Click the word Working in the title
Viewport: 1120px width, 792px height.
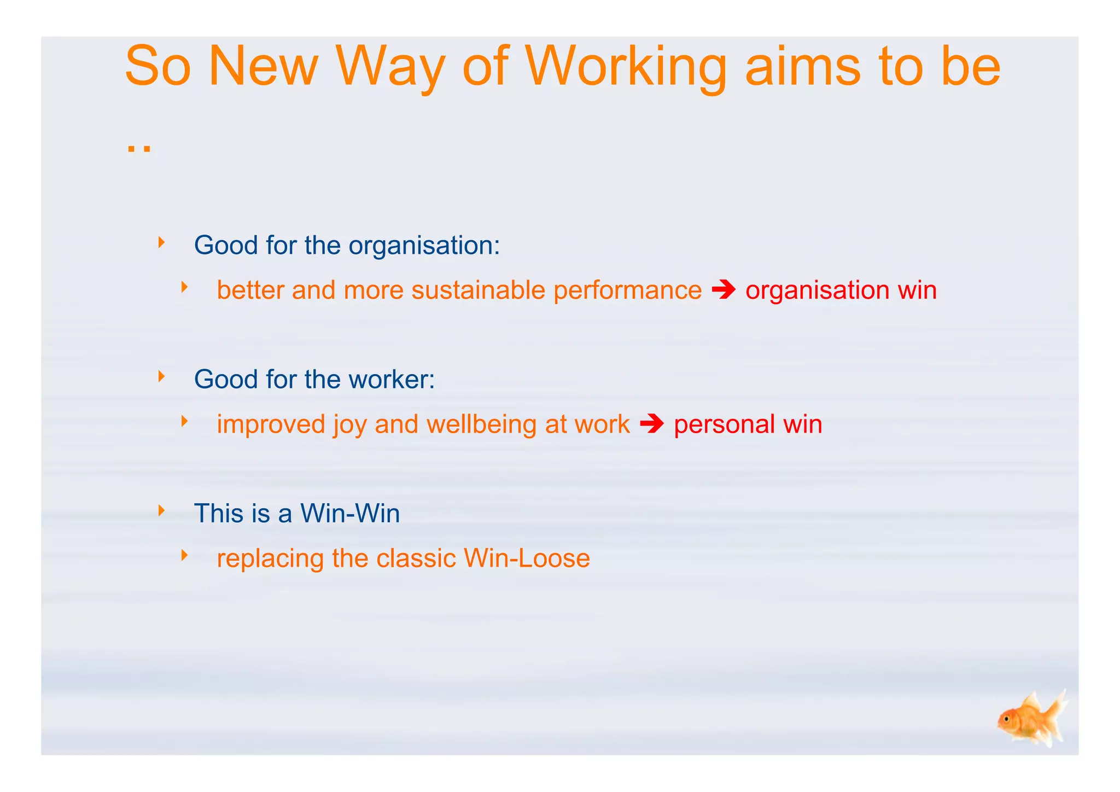(626, 67)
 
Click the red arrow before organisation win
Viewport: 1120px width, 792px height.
(724, 290)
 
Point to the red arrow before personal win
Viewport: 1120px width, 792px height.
(651, 424)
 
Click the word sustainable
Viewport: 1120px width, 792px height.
(478, 290)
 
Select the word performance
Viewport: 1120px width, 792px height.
(627, 291)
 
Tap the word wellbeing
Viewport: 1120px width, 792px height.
(481, 424)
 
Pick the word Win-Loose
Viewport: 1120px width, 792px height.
(527, 558)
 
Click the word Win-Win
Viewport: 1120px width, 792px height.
(350, 514)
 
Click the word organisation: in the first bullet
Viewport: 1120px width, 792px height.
(424, 246)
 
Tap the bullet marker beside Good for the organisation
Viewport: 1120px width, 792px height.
(161, 242)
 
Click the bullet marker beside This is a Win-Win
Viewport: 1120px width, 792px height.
(161, 510)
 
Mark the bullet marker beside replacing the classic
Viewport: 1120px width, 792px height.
(184, 556)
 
